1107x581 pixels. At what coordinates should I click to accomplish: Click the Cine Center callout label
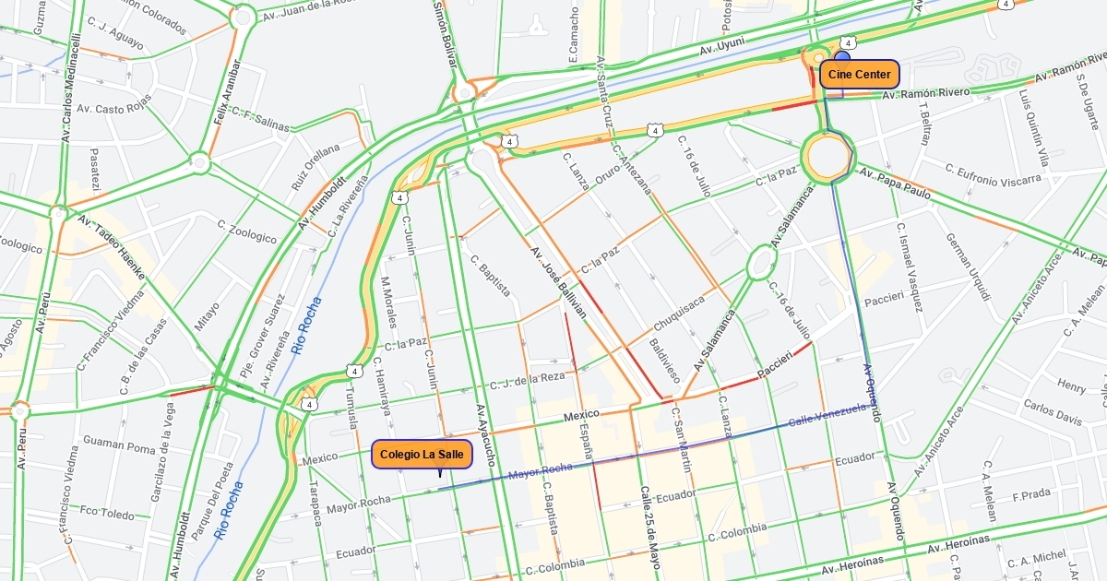click(x=859, y=75)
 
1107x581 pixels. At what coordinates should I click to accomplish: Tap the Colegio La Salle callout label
click(x=423, y=454)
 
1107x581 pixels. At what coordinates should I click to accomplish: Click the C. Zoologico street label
click(x=246, y=231)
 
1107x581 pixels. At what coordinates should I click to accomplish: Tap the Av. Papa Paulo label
click(x=895, y=184)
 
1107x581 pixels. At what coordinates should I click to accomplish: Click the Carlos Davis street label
click(x=1052, y=412)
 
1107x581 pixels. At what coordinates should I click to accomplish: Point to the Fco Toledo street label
click(x=107, y=512)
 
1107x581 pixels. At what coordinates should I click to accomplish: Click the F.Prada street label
click(x=1030, y=494)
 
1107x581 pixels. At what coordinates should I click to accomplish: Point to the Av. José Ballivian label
click(x=557, y=281)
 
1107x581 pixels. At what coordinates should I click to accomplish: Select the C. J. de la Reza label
click(x=528, y=380)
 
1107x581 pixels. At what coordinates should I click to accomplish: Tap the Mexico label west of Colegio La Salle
click(x=319, y=458)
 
